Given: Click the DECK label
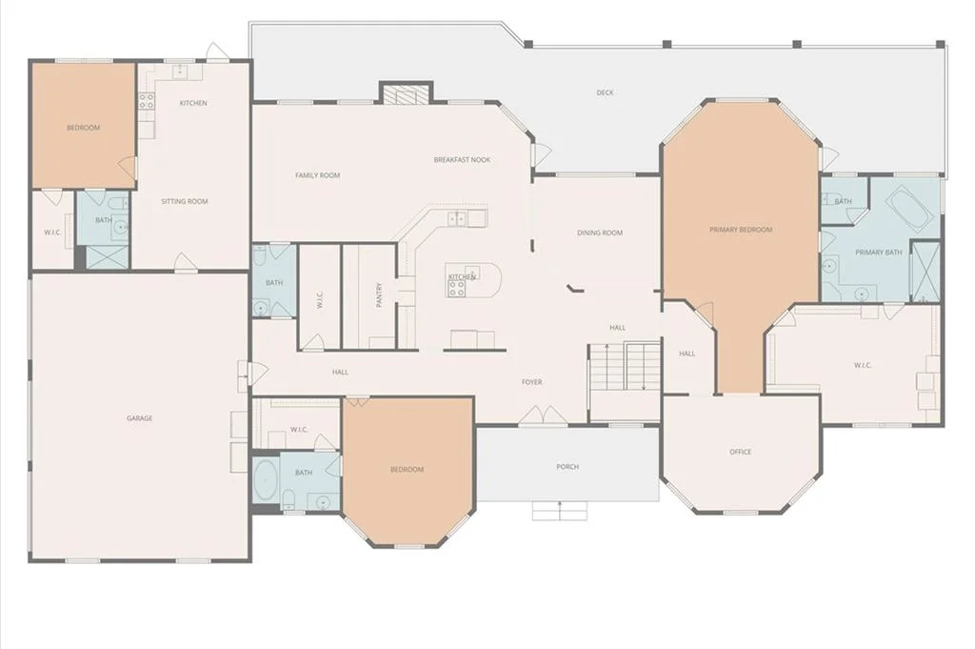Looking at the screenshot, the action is (x=605, y=92).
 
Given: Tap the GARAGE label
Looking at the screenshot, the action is (x=139, y=418).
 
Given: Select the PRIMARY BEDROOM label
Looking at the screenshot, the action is (x=741, y=230).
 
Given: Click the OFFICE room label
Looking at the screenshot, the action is (x=740, y=452).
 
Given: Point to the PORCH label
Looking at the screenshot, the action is (x=567, y=466).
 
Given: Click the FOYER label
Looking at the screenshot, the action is (x=531, y=382).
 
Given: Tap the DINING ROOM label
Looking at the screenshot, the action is (x=600, y=233).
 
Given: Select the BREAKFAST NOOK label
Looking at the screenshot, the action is (x=462, y=160).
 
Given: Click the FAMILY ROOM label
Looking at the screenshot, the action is (x=317, y=175).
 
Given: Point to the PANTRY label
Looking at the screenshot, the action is (x=379, y=294).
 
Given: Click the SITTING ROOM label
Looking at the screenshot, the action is (x=184, y=202).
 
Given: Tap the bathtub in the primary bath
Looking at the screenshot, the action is (x=909, y=210).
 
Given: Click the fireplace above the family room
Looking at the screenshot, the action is (x=406, y=94).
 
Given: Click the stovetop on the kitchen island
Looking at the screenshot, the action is (x=457, y=288).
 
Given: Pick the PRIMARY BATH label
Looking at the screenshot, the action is (x=879, y=253).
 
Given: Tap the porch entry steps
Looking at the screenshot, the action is (x=560, y=510).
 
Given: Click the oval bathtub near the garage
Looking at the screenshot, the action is (x=266, y=481).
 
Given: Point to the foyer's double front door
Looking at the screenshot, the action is (x=543, y=416).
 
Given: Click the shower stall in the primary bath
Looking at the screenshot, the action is (x=925, y=272).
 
